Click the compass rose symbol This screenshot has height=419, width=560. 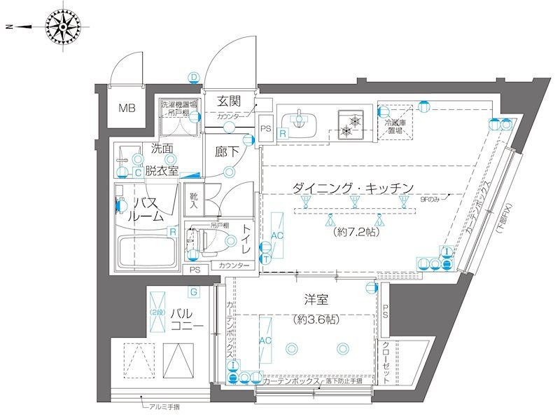[x=66, y=27]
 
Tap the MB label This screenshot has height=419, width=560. [x=126, y=109]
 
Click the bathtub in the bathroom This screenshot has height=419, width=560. [x=148, y=249]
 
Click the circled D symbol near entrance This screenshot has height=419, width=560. [x=193, y=78]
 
